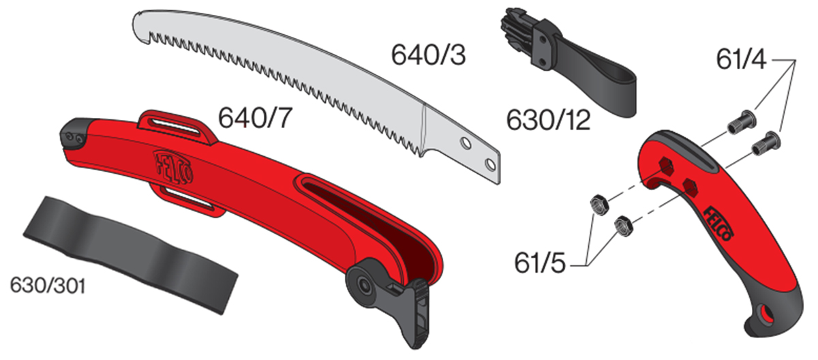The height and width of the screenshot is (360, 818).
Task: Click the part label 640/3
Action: (428, 55)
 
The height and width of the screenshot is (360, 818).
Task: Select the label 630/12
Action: (548, 121)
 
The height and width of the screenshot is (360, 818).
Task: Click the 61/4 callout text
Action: (741, 60)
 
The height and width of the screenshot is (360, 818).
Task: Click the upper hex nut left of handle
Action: (598, 202)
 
